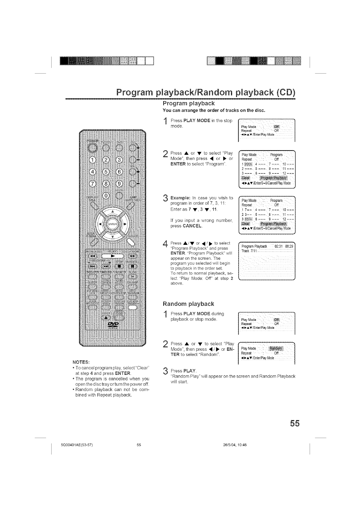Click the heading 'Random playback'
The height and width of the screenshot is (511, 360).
[189, 304]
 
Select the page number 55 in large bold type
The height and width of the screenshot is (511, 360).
[293, 424]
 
